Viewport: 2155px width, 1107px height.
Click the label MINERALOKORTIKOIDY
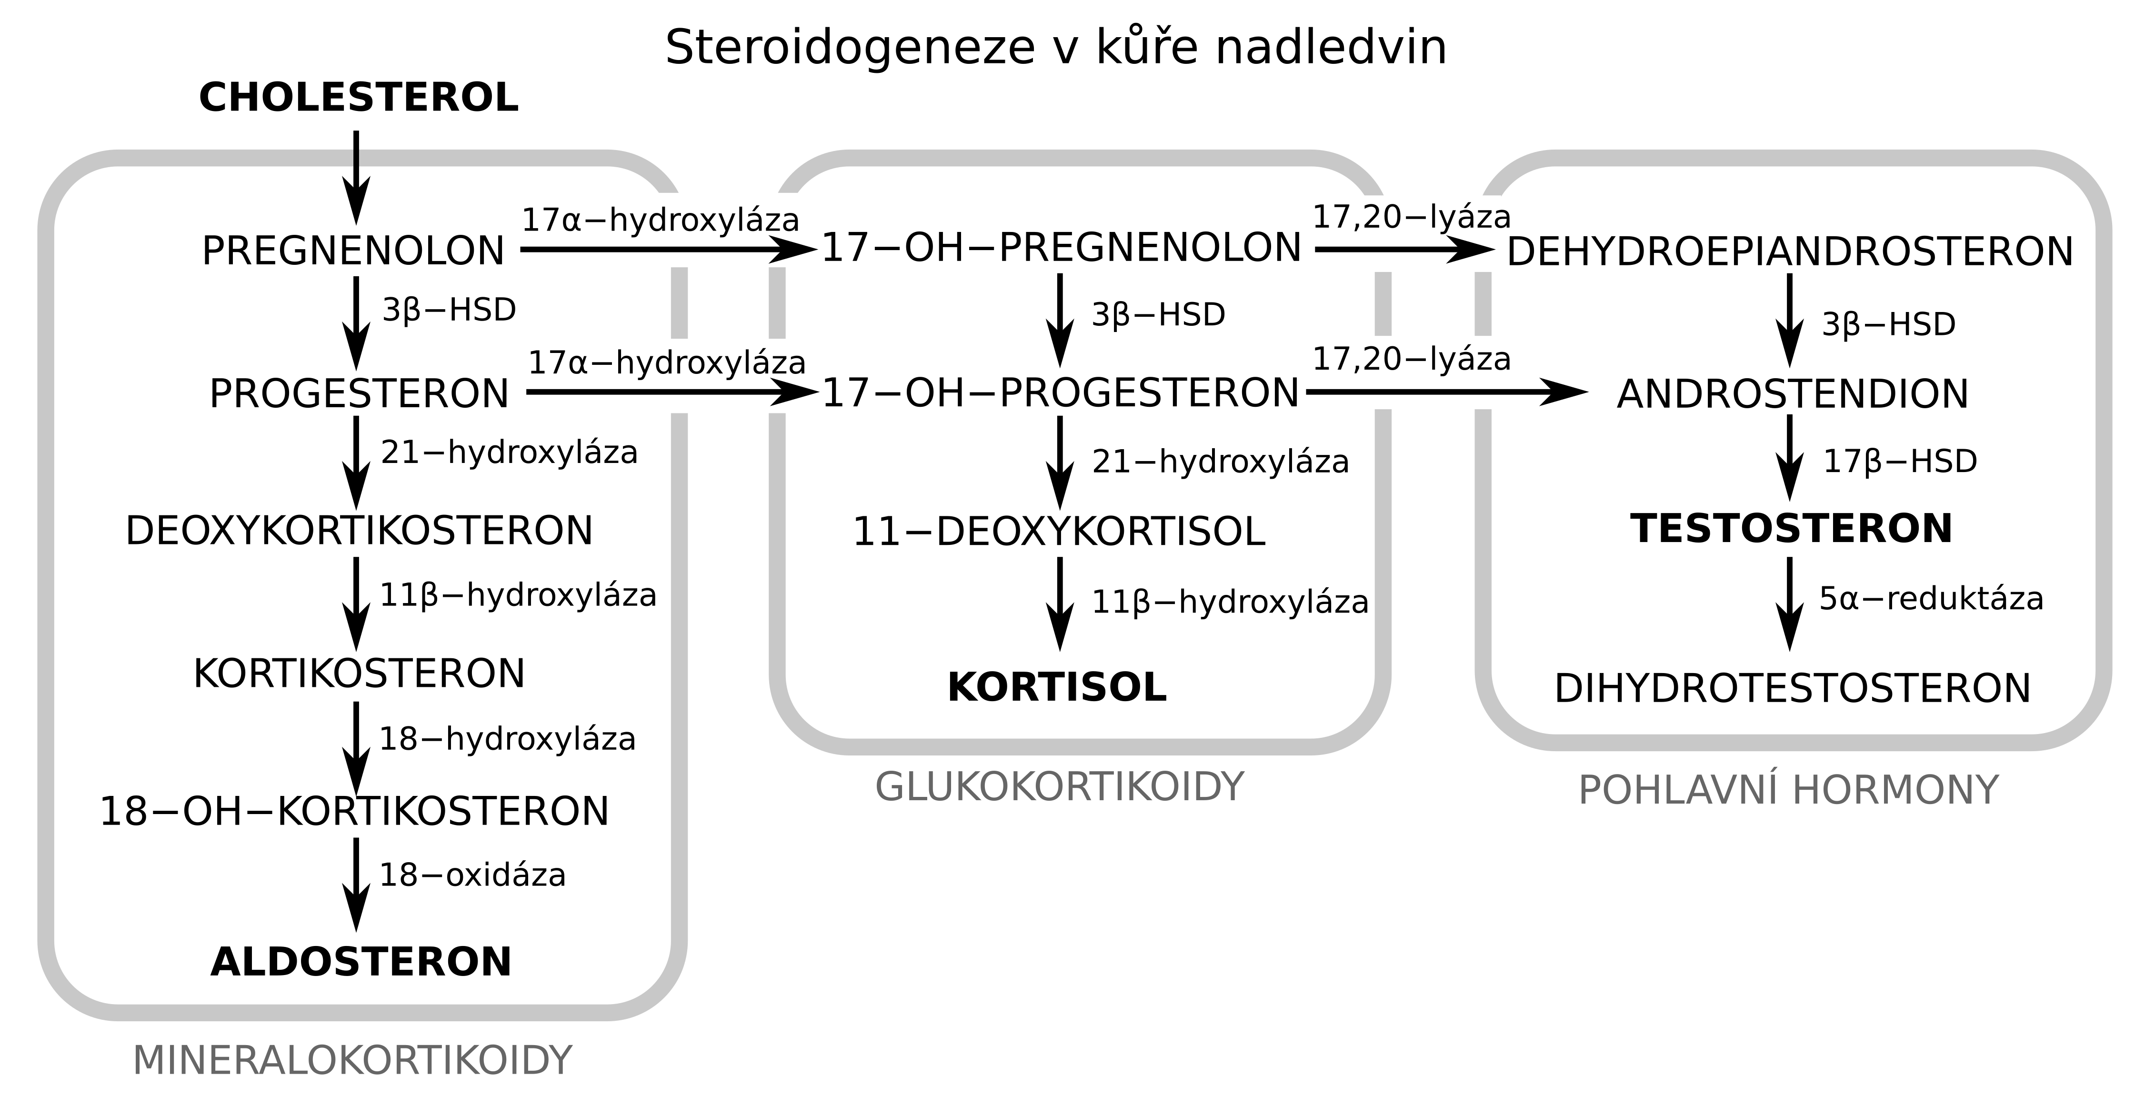point(352,1061)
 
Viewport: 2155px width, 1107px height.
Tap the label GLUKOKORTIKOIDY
point(1059,787)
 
